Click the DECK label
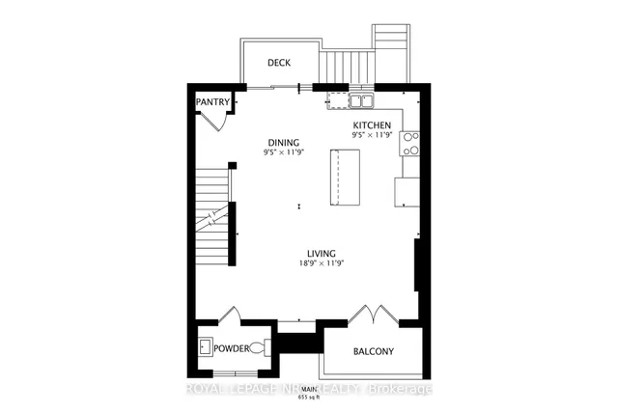coord(279,63)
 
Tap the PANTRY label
coord(211,101)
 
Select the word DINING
coord(284,141)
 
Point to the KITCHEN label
coord(371,125)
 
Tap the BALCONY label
coord(372,351)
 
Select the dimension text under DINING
coord(284,151)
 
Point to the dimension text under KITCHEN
coord(371,136)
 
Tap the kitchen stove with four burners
coord(410,144)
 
